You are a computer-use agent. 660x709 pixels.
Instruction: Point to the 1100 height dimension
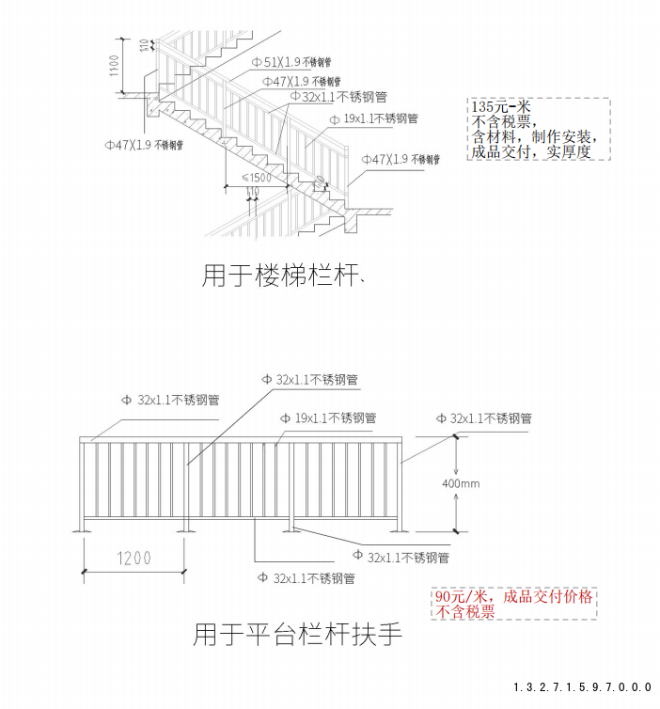pos(114,66)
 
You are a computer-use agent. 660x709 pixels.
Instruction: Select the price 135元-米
pos(501,107)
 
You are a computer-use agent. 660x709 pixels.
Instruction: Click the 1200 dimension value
pos(134,558)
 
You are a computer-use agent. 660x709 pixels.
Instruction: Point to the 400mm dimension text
pos(461,483)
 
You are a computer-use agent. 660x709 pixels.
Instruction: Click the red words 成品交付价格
pos(549,597)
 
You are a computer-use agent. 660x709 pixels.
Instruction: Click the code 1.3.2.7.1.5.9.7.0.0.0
pos(582,687)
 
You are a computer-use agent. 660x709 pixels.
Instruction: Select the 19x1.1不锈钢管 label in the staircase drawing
pos(380,118)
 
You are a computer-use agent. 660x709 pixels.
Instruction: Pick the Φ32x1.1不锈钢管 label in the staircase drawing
pos(340,96)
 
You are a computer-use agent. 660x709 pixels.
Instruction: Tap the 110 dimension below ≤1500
pos(253,191)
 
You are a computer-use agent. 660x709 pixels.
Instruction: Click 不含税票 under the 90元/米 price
pos(465,612)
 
